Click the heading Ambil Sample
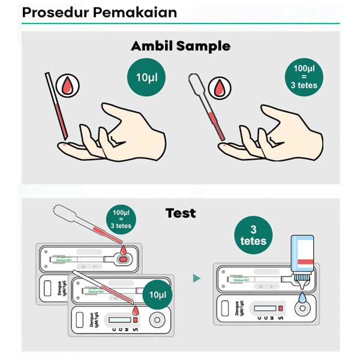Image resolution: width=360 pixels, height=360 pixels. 181,46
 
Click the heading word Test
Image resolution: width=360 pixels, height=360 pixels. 181,213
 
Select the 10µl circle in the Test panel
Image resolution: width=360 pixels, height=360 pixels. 158,295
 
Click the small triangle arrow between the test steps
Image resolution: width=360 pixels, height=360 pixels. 196,278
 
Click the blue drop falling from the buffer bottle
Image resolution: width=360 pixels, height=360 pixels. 302,298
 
